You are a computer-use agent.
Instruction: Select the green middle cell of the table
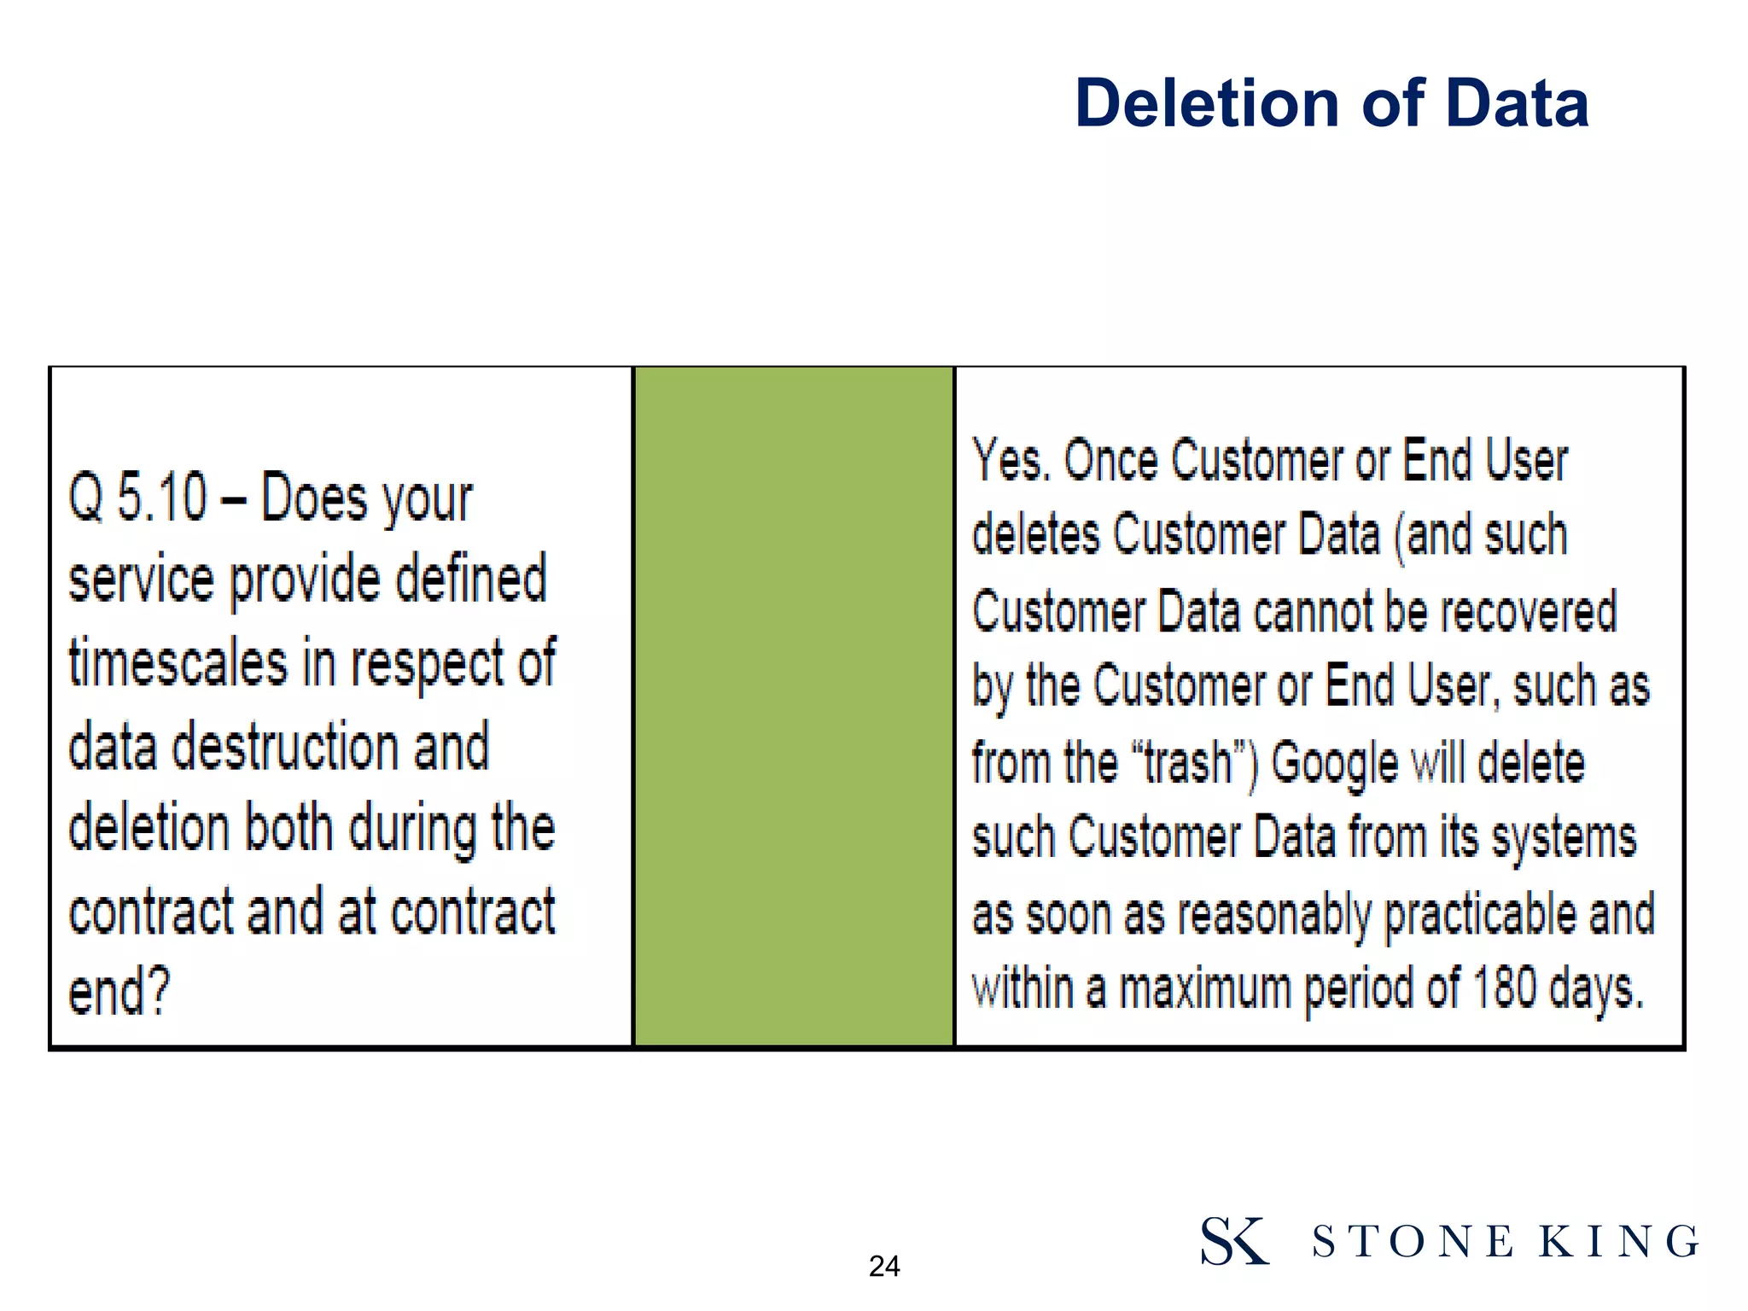[793, 706]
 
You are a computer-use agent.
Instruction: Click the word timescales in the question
[178, 663]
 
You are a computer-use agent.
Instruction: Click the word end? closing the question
[119, 992]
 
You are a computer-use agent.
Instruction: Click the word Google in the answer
[1334, 762]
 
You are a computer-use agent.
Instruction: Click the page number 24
[884, 1266]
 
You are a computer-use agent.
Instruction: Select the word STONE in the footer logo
[1413, 1242]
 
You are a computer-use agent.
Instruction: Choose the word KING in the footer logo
[1618, 1242]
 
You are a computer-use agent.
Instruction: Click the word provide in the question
[305, 580]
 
